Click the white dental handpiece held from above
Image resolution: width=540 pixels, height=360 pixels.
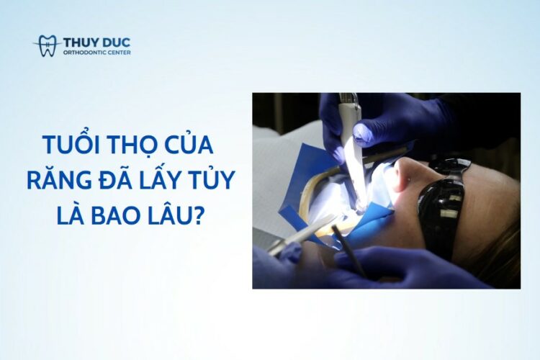click(x=352, y=145)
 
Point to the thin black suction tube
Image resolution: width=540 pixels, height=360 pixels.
click(x=348, y=251)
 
